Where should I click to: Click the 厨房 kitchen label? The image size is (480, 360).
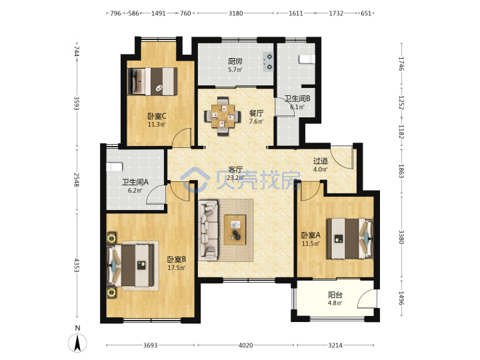click(235, 61)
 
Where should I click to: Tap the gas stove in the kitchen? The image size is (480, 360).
click(268, 62)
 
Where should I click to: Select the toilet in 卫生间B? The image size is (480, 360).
click(307, 59)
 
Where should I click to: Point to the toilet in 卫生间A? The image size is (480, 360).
click(115, 167)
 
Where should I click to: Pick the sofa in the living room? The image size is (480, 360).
click(208, 230)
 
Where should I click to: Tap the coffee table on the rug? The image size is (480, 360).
click(235, 230)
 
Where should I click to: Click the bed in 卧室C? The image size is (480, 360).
click(153, 81)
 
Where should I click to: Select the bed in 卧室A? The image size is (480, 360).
click(350, 239)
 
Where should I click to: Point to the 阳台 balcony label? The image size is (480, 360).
click(335, 295)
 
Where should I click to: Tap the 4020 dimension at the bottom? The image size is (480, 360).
click(245, 345)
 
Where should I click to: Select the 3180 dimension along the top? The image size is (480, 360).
click(236, 13)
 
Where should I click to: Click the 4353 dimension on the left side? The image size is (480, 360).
click(77, 265)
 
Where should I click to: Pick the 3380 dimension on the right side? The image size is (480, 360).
click(401, 237)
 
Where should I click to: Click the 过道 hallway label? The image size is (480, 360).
click(321, 161)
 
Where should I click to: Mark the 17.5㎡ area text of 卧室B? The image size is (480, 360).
click(177, 268)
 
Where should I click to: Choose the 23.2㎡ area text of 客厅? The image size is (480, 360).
click(235, 178)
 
